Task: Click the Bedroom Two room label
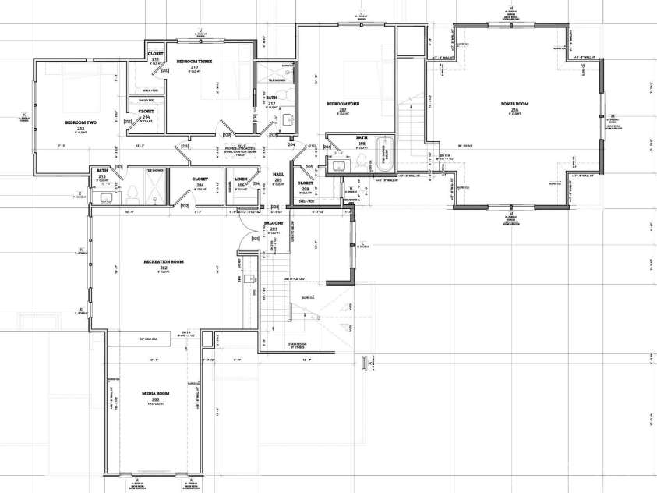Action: (x=80, y=123)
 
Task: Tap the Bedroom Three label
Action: (x=194, y=62)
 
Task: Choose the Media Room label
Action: (x=157, y=393)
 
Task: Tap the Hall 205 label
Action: (x=278, y=176)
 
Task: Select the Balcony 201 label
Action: (x=274, y=224)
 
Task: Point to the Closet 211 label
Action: (x=155, y=57)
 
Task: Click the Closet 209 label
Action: (x=305, y=185)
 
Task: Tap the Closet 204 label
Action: (x=200, y=180)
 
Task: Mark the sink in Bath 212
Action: (x=287, y=119)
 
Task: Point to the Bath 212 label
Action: (x=271, y=100)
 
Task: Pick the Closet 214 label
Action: (x=146, y=113)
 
